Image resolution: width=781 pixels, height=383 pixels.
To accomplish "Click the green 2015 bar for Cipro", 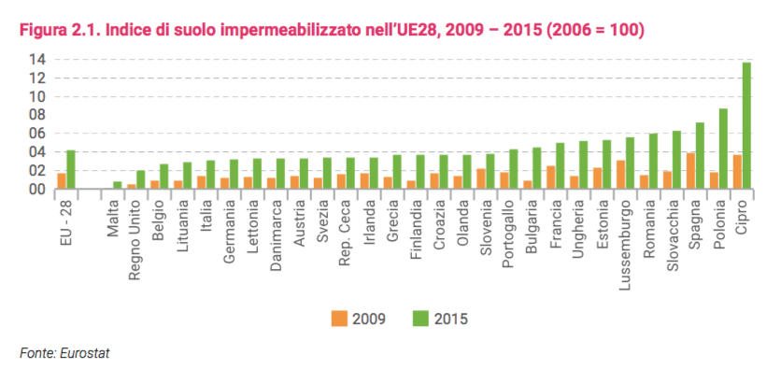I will coord(745,125).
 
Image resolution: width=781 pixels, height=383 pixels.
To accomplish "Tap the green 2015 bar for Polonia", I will coord(723,149).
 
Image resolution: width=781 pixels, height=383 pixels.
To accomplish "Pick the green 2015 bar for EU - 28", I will coord(71,169).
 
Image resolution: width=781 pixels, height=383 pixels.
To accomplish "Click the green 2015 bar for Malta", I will coord(117,185).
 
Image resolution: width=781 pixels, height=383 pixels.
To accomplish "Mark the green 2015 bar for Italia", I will coord(211,175).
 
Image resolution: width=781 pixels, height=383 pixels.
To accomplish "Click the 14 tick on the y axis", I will coord(38,59).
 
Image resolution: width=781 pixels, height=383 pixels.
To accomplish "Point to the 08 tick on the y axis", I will coord(38,115).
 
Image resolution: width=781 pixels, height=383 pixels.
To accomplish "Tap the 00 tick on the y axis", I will coord(38,190).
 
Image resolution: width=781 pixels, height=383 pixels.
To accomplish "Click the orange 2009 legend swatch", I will coord(338,319).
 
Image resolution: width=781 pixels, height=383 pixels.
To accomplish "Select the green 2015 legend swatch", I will coord(419,319).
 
